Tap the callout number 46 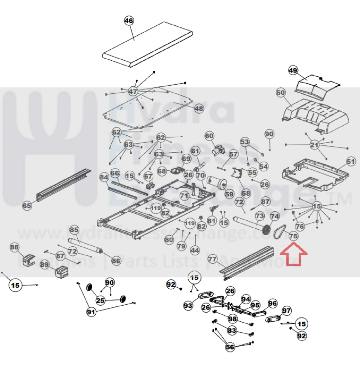129,21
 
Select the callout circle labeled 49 293,70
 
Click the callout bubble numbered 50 281,93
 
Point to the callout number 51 351,161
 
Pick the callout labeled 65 27,206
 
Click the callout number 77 213,259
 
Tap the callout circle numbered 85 74,230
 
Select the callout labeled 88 14,247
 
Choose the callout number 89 45,264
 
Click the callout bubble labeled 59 229,194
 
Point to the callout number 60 209,136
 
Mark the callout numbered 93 188,306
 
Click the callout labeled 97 286,310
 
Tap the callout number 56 230,347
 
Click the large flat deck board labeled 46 147,44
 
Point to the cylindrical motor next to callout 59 216,182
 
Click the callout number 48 199,108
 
